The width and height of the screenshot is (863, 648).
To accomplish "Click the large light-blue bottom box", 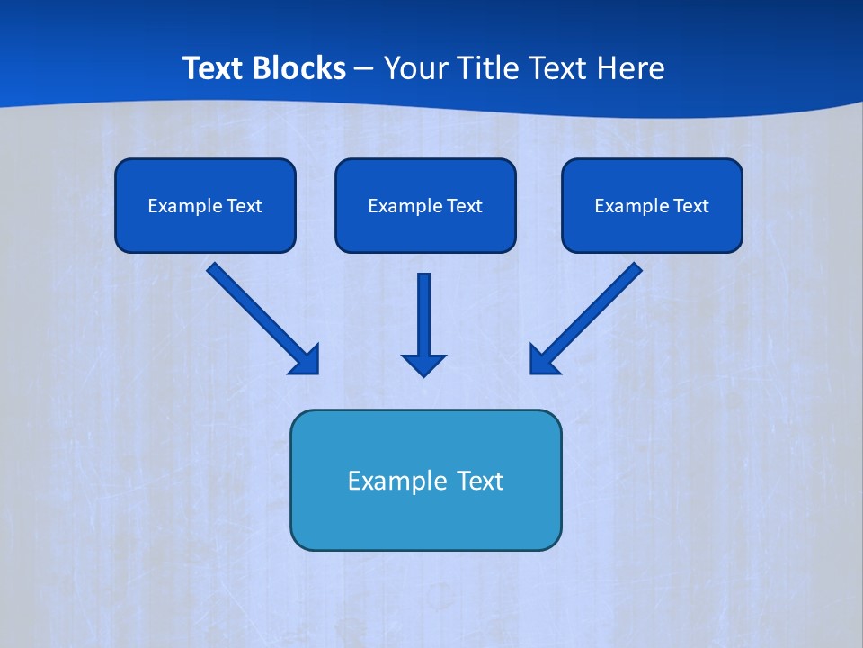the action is point(425,517).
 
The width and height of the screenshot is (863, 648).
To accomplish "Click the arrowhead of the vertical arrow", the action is point(423,364).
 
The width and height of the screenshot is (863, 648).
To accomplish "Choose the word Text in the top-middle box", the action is point(464,206).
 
